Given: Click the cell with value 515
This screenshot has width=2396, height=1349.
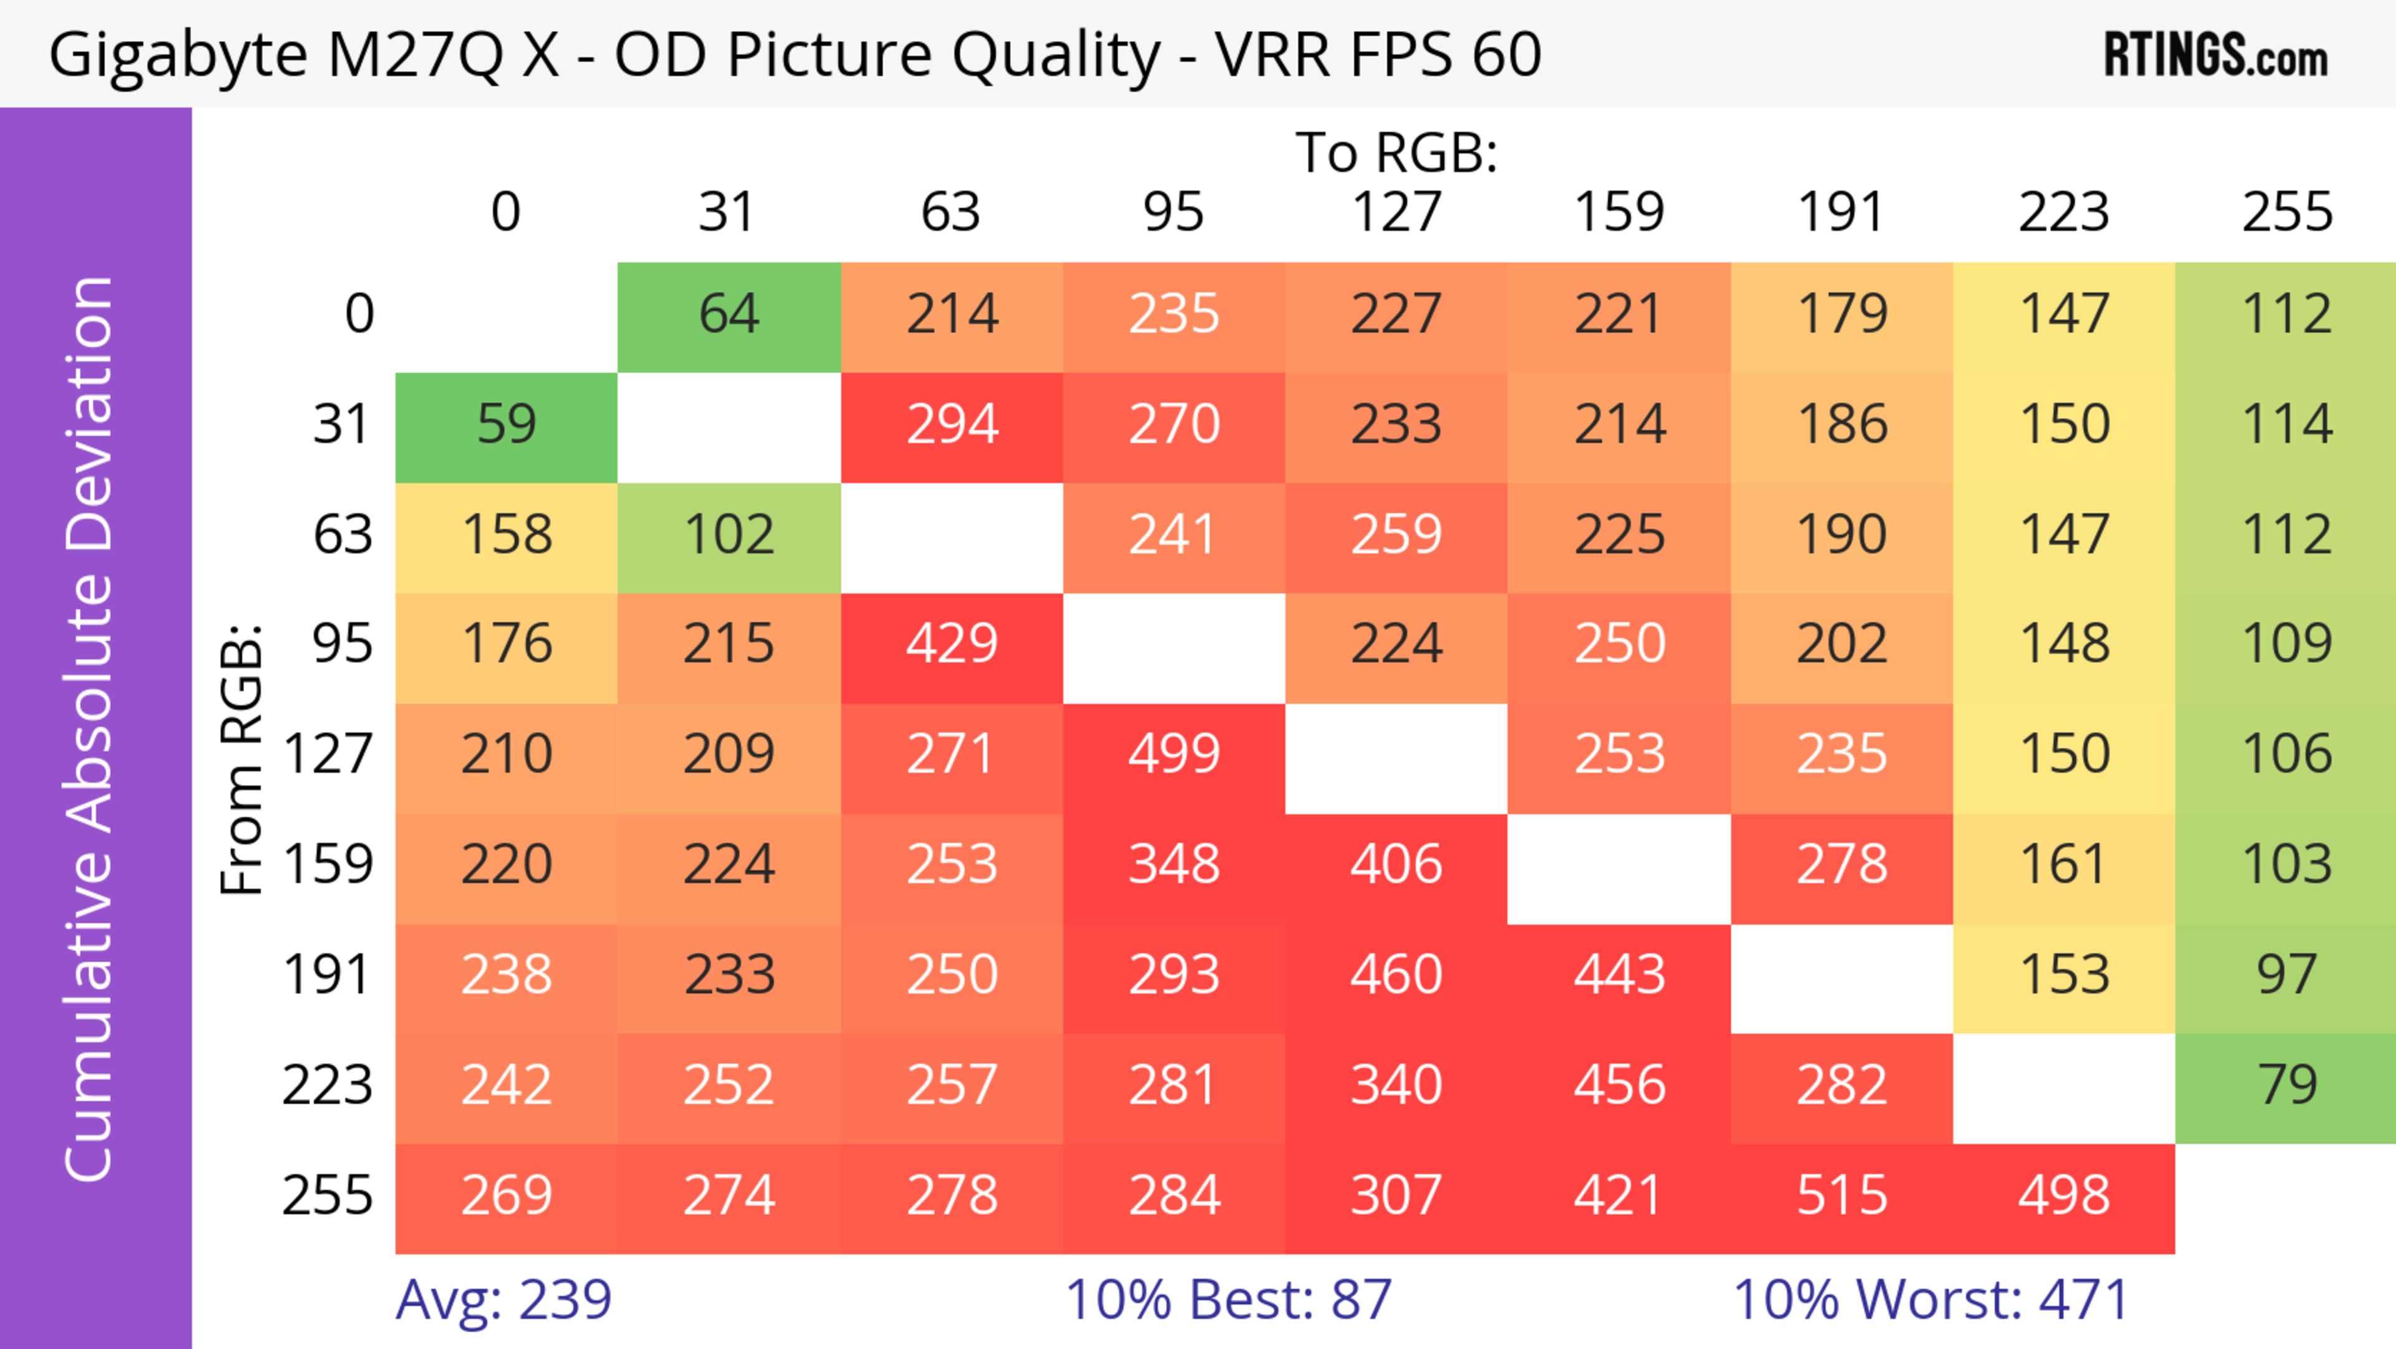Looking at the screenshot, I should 1842,1197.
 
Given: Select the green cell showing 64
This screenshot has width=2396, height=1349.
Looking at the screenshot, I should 729,315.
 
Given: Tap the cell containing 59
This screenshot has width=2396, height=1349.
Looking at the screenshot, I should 506,425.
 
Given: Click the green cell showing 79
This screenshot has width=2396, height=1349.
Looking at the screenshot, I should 2286,1086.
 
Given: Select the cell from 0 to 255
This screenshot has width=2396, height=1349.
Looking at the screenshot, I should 2286,315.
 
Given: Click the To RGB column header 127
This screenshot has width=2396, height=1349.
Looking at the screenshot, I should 1396,212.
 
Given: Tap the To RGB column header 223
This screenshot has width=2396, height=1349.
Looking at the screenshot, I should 2064,212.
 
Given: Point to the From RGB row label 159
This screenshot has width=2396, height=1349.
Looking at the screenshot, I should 328,865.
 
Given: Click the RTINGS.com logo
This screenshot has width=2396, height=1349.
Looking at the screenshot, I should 2216,56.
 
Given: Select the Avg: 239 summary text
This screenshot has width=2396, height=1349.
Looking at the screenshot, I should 503,1300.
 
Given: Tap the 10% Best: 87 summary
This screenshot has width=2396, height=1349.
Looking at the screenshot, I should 1228,1300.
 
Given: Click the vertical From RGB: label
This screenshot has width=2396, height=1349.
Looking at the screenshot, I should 242,758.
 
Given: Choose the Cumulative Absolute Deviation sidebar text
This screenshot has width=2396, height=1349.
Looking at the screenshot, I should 90,728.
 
